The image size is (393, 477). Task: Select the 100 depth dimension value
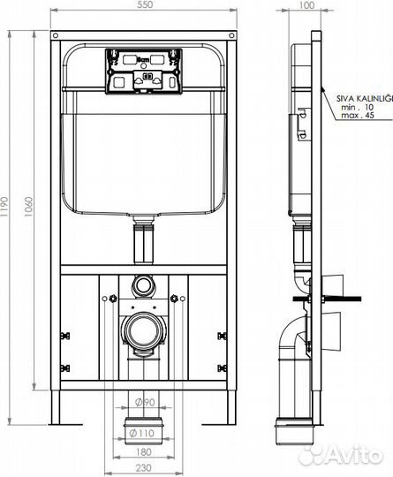[306, 6]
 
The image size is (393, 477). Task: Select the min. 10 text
[357, 109]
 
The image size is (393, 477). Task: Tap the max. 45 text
[357, 118]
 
